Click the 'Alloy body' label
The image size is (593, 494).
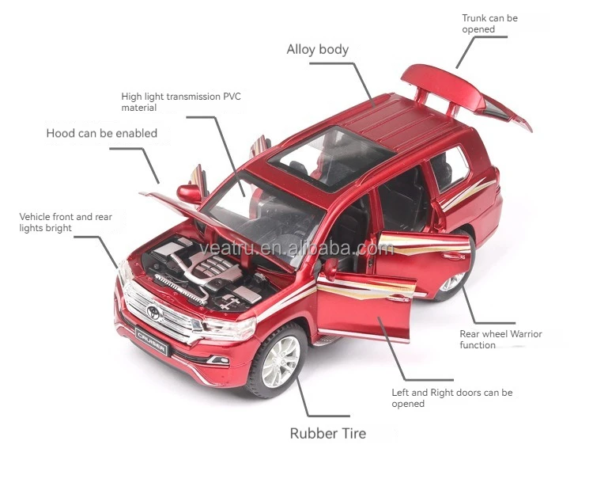317,50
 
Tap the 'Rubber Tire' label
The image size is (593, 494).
327,433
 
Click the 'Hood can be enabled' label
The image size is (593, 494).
101,133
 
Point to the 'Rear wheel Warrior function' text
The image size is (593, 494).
500,340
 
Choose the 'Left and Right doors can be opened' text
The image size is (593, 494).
451,397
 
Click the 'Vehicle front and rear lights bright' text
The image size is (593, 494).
66,222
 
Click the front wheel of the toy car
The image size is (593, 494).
278,363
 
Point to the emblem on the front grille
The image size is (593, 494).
152,311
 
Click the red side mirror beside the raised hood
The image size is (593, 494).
189,192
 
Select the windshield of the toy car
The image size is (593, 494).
261,210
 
